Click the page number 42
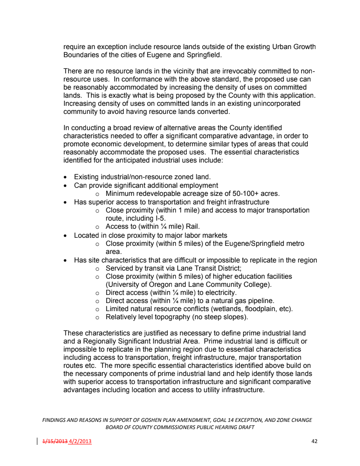point(315,441)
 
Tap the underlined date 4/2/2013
point(80,441)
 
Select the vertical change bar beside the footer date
point(37,441)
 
